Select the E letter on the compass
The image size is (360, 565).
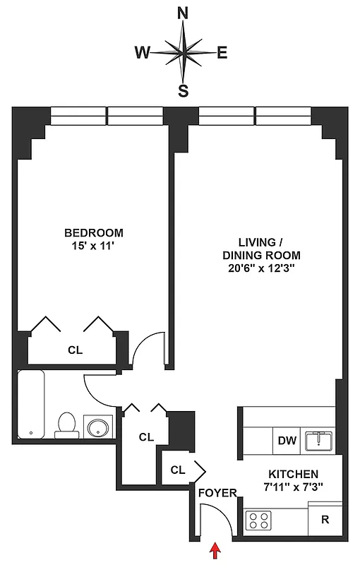point(222,52)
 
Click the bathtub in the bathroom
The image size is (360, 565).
point(32,404)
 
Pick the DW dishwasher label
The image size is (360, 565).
point(287,441)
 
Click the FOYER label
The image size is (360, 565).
point(217,493)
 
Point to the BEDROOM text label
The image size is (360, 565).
point(94,232)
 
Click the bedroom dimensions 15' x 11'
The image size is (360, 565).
point(94,246)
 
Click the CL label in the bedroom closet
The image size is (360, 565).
point(75,349)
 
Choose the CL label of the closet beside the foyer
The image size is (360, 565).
point(178,468)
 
